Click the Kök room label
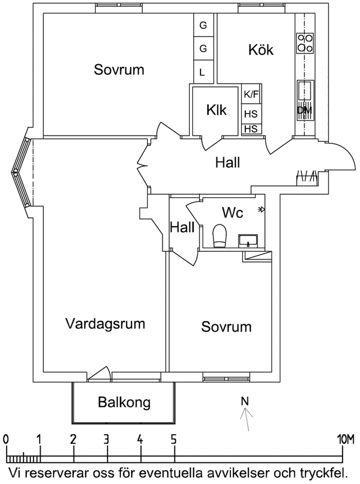[x=261, y=49]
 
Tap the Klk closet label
[x=216, y=110]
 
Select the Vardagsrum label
[x=105, y=324]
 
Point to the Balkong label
[x=124, y=402]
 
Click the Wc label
[x=233, y=213]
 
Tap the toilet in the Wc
[x=219, y=236]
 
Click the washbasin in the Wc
[x=248, y=240]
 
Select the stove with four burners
[x=305, y=43]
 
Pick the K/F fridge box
[x=252, y=94]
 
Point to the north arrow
[x=246, y=419]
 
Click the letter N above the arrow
[x=245, y=400]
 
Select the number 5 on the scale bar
[x=174, y=440]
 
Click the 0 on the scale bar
[x=6, y=440]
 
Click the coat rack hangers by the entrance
[x=306, y=177]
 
